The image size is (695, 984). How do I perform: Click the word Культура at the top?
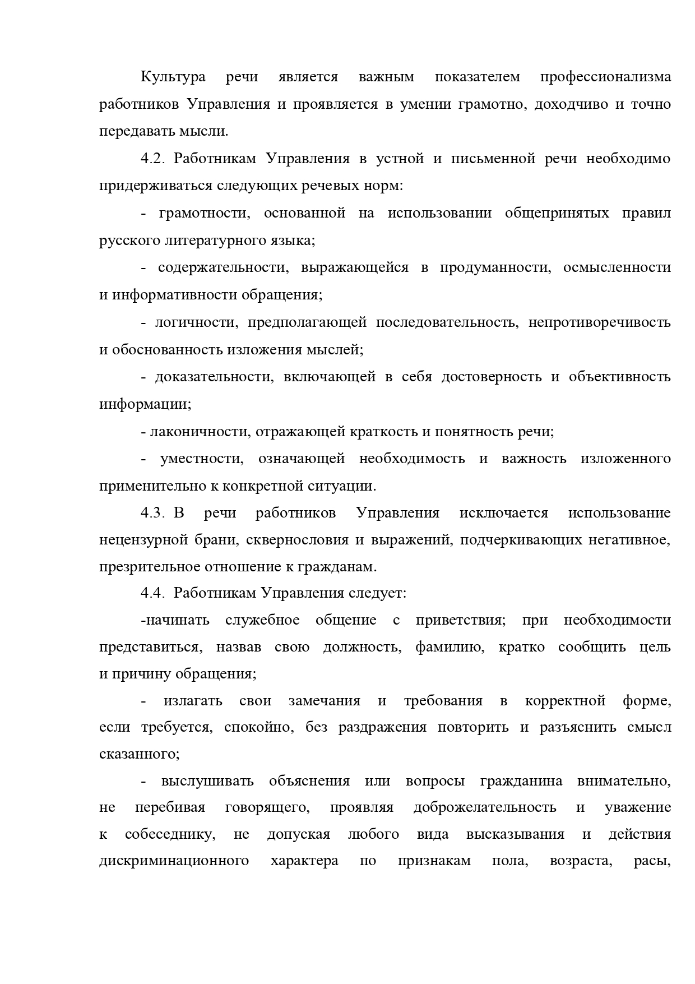pyautogui.click(x=173, y=77)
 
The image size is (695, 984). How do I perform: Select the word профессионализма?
pyautogui.click(x=605, y=77)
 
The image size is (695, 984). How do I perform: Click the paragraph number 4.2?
pyautogui.click(x=152, y=159)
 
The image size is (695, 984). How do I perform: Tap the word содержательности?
pyautogui.click(x=223, y=268)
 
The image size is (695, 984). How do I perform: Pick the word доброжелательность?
pyautogui.click(x=485, y=807)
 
